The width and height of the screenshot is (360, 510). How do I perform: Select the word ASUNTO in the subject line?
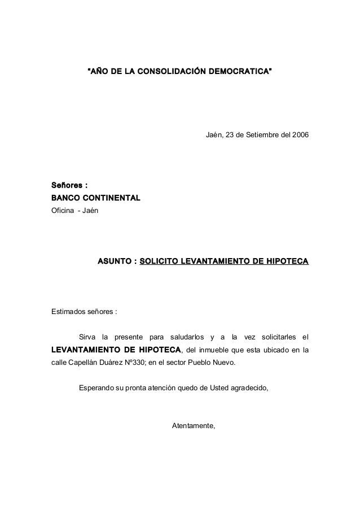pos(115,262)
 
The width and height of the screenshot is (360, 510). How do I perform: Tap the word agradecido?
pos(249,388)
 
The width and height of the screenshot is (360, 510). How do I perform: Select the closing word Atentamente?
pos(194,425)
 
